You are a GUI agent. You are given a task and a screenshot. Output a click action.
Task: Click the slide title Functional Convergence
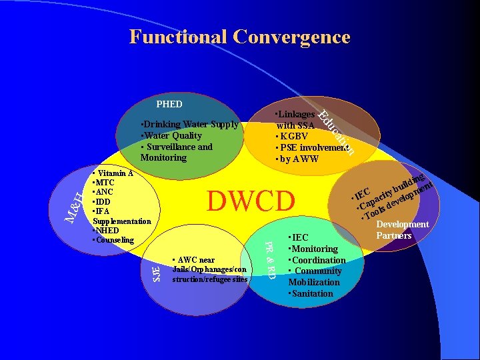pyautogui.click(x=239, y=37)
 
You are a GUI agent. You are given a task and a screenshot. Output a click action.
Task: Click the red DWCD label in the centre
pyautogui.click(x=251, y=201)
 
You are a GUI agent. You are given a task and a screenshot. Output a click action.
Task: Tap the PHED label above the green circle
pyautogui.click(x=169, y=104)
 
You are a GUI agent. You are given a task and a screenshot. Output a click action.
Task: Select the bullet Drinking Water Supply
pyautogui.click(x=191, y=125)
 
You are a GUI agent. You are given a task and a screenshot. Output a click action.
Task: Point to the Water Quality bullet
pyautogui.click(x=172, y=135)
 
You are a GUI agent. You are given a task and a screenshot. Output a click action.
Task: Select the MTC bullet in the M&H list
pyautogui.click(x=105, y=182)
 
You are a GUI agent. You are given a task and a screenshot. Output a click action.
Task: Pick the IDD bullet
pyautogui.click(x=104, y=201)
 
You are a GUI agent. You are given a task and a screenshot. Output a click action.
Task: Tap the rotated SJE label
pyautogui.click(x=156, y=272)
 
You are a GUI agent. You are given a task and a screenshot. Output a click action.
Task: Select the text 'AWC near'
pyautogui.click(x=194, y=260)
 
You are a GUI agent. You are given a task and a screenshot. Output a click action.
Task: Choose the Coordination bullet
pyautogui.click(x=317, y=260)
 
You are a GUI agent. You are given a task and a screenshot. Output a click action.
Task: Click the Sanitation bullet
pyautogui.click(x=311, y=293)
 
